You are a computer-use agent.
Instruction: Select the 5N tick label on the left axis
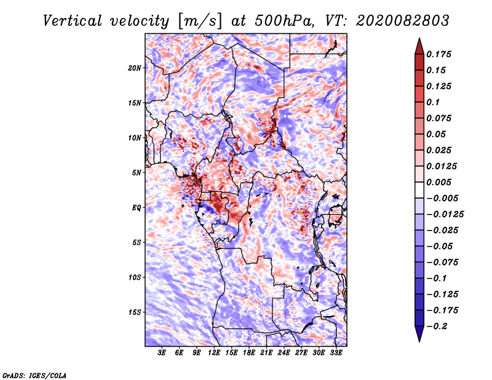pos(137,173)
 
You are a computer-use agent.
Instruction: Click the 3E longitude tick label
pos(162,353)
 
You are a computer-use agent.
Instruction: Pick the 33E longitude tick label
pos(336,353)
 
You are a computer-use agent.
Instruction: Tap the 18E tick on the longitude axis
pos(249,353)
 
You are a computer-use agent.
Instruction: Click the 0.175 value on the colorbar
pos(441,54)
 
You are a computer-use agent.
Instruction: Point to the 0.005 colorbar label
pos(441,182)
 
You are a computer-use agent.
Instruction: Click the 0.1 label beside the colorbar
pos(434,102)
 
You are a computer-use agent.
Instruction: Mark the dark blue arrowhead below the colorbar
pos(418,334)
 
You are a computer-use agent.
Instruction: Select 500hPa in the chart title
pos(284,20)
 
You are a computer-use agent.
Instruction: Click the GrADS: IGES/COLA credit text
pos(34,374)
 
